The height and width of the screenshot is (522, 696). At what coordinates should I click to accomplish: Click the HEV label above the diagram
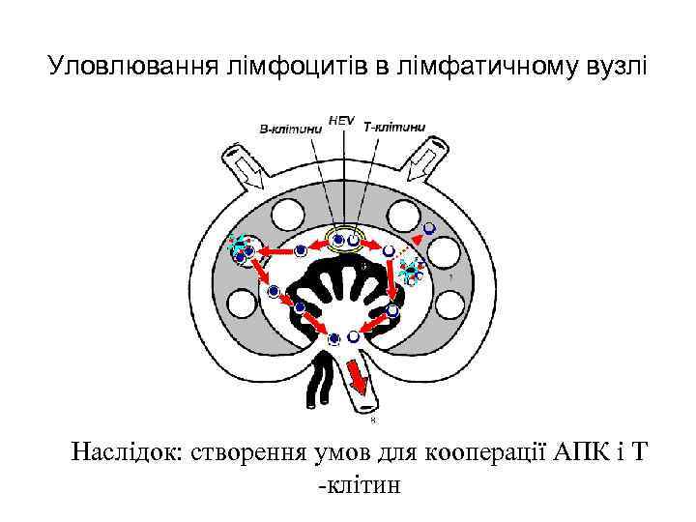click(341, 120)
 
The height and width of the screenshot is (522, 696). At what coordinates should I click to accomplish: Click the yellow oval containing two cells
click(347, 240)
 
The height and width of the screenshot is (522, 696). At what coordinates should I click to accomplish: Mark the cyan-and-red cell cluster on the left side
click(240, 251)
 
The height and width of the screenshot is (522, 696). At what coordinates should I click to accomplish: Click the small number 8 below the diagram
click(373, 420)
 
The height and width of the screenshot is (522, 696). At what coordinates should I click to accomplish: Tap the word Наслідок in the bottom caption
click(130, 451)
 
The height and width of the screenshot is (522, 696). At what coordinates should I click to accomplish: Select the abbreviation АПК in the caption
click(577, 451)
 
